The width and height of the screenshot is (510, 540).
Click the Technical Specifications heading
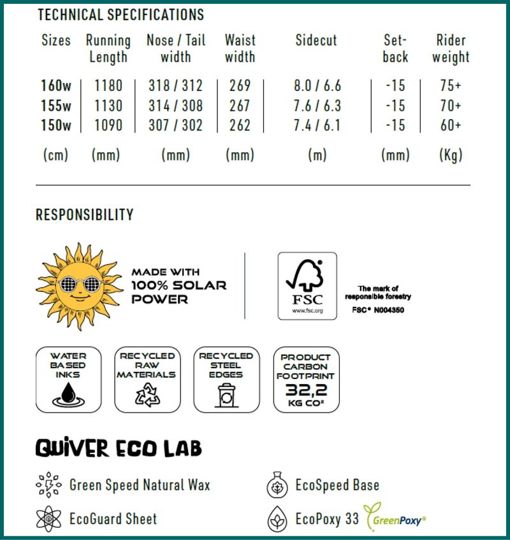click(120, 15)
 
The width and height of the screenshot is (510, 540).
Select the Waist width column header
click(240, 48)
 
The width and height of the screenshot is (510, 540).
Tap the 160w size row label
click(56, 85)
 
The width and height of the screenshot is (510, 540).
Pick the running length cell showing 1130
click(108, 105)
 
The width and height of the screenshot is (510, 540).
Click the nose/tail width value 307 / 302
click(175, 125)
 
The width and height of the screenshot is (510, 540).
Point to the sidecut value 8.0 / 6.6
click(317, 85)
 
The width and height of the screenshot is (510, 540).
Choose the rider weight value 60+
click(450, 125)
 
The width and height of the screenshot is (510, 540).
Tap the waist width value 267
click(240, 105)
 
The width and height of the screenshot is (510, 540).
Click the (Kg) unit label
click(450, 155)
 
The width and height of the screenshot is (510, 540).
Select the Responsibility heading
click(85, 215)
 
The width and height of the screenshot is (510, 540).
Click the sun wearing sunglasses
click(80, 285)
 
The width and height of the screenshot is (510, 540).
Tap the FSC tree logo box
click(307, 285)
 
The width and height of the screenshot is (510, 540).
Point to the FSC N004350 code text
click(378, 310)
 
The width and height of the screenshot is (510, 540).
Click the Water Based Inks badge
click(68, 379)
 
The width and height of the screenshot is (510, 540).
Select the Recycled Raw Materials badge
click(147, 379)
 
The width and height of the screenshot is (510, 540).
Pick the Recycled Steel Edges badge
click(226, 379)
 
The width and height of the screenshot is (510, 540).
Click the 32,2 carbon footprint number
click(306, 389)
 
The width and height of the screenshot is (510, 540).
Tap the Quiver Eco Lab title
click(119, 448)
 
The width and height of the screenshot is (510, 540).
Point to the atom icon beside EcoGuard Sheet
click(48, 519)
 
